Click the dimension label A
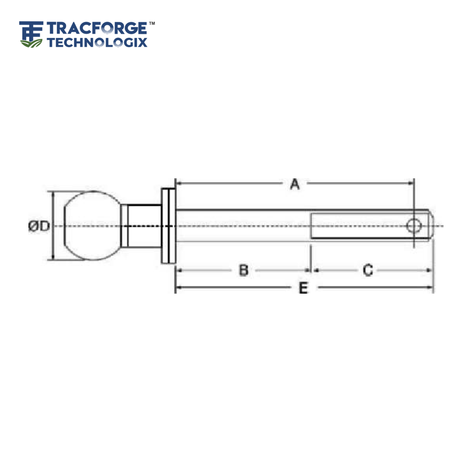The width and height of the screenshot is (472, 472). (295, 184)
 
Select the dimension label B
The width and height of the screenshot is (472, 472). (243, 270)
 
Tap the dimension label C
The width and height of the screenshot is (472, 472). (368, 270)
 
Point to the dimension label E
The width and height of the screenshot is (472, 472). (303, 288)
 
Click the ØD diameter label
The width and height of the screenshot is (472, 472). (39, 226)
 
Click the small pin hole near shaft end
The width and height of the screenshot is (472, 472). (413, 226)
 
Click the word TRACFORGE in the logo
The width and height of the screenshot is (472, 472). (97, 28)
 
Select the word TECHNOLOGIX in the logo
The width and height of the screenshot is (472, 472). (97, 42)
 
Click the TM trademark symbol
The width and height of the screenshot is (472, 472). (152, 23)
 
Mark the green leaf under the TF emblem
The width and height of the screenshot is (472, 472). (31, 43)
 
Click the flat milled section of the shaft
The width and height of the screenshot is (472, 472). (358, 226)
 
